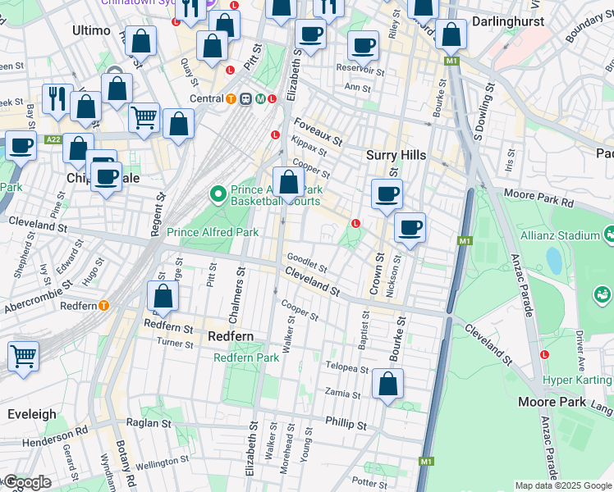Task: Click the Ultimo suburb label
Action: coord(91,30)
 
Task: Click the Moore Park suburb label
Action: coord(551,402)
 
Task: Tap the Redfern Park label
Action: coord(246,358)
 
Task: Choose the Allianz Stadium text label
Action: coord(559,235)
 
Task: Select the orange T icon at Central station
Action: coord(232,99)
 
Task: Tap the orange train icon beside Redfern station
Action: coord(104,306)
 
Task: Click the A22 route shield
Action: coord(53,140)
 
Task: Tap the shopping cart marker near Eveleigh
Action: coord(23,357)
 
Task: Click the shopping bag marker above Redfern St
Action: coord(163,297)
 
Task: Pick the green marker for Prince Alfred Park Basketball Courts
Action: coord(218,194)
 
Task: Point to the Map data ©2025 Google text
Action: coord(562,485)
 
